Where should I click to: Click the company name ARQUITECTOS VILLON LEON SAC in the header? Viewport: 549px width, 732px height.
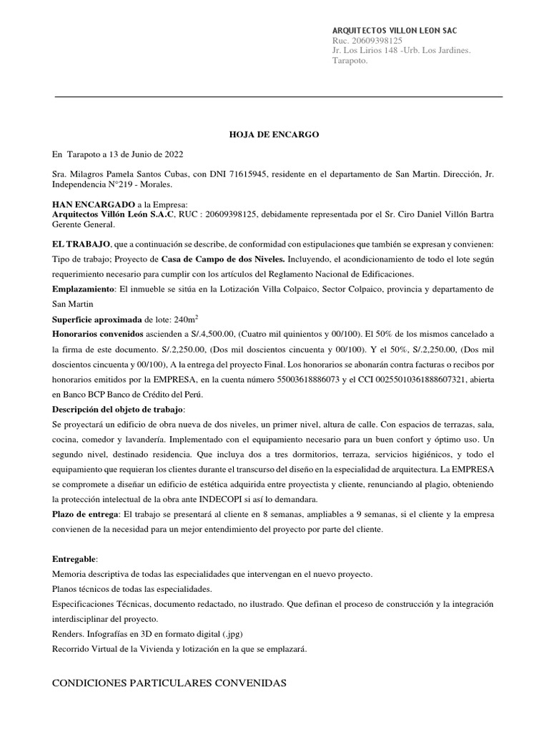(x=395, y=31)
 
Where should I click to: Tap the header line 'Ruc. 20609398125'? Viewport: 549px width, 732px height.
(x=367, y=41)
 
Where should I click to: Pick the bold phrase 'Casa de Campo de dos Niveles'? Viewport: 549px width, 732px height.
(x=223, y=259)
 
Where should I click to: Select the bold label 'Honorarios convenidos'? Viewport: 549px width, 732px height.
(x=98, y=334)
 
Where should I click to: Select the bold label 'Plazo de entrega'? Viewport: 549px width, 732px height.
(x=86, y=514)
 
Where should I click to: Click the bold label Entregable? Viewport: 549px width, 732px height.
(x=75, y=559)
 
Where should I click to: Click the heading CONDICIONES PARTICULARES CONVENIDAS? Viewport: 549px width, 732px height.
(x=169, y=683)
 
